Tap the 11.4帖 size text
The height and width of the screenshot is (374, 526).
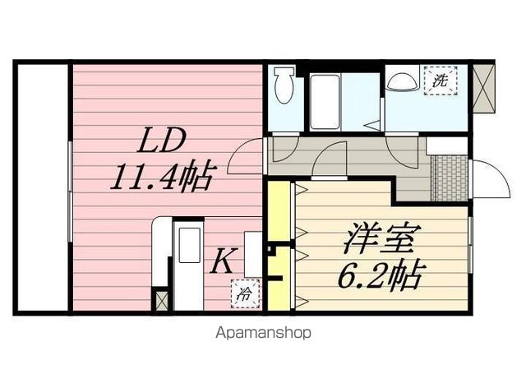point(164,176)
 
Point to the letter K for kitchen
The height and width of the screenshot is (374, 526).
point(221,263)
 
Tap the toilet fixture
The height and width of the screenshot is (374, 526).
point(284,85)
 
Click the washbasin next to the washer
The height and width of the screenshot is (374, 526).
point(402,81)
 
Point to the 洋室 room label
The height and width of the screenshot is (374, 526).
point(382,239)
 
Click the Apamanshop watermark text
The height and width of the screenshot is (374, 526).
point(263,334)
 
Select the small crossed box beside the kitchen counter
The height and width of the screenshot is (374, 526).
point(161,301)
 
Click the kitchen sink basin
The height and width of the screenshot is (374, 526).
point(190,246)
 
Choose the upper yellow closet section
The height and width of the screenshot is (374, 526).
point(279,210)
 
